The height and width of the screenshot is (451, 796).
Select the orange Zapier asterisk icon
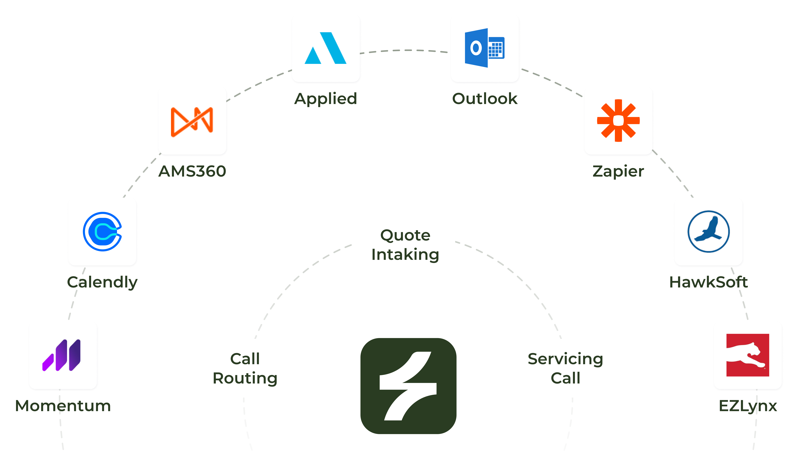point(618,121)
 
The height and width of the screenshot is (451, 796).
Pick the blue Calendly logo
point(102,232)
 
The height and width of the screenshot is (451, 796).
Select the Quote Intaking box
point(405,244)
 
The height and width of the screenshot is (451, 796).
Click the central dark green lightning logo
point(408,386)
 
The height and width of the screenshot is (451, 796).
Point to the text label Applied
point(326,99)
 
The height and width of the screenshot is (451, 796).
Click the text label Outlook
point(485,99)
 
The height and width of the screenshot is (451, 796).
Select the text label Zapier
point(618,171)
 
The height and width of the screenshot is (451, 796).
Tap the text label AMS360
point(192,171)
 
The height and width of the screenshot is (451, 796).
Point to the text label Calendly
point(102,282)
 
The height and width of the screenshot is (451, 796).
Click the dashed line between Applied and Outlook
point(406,50)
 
